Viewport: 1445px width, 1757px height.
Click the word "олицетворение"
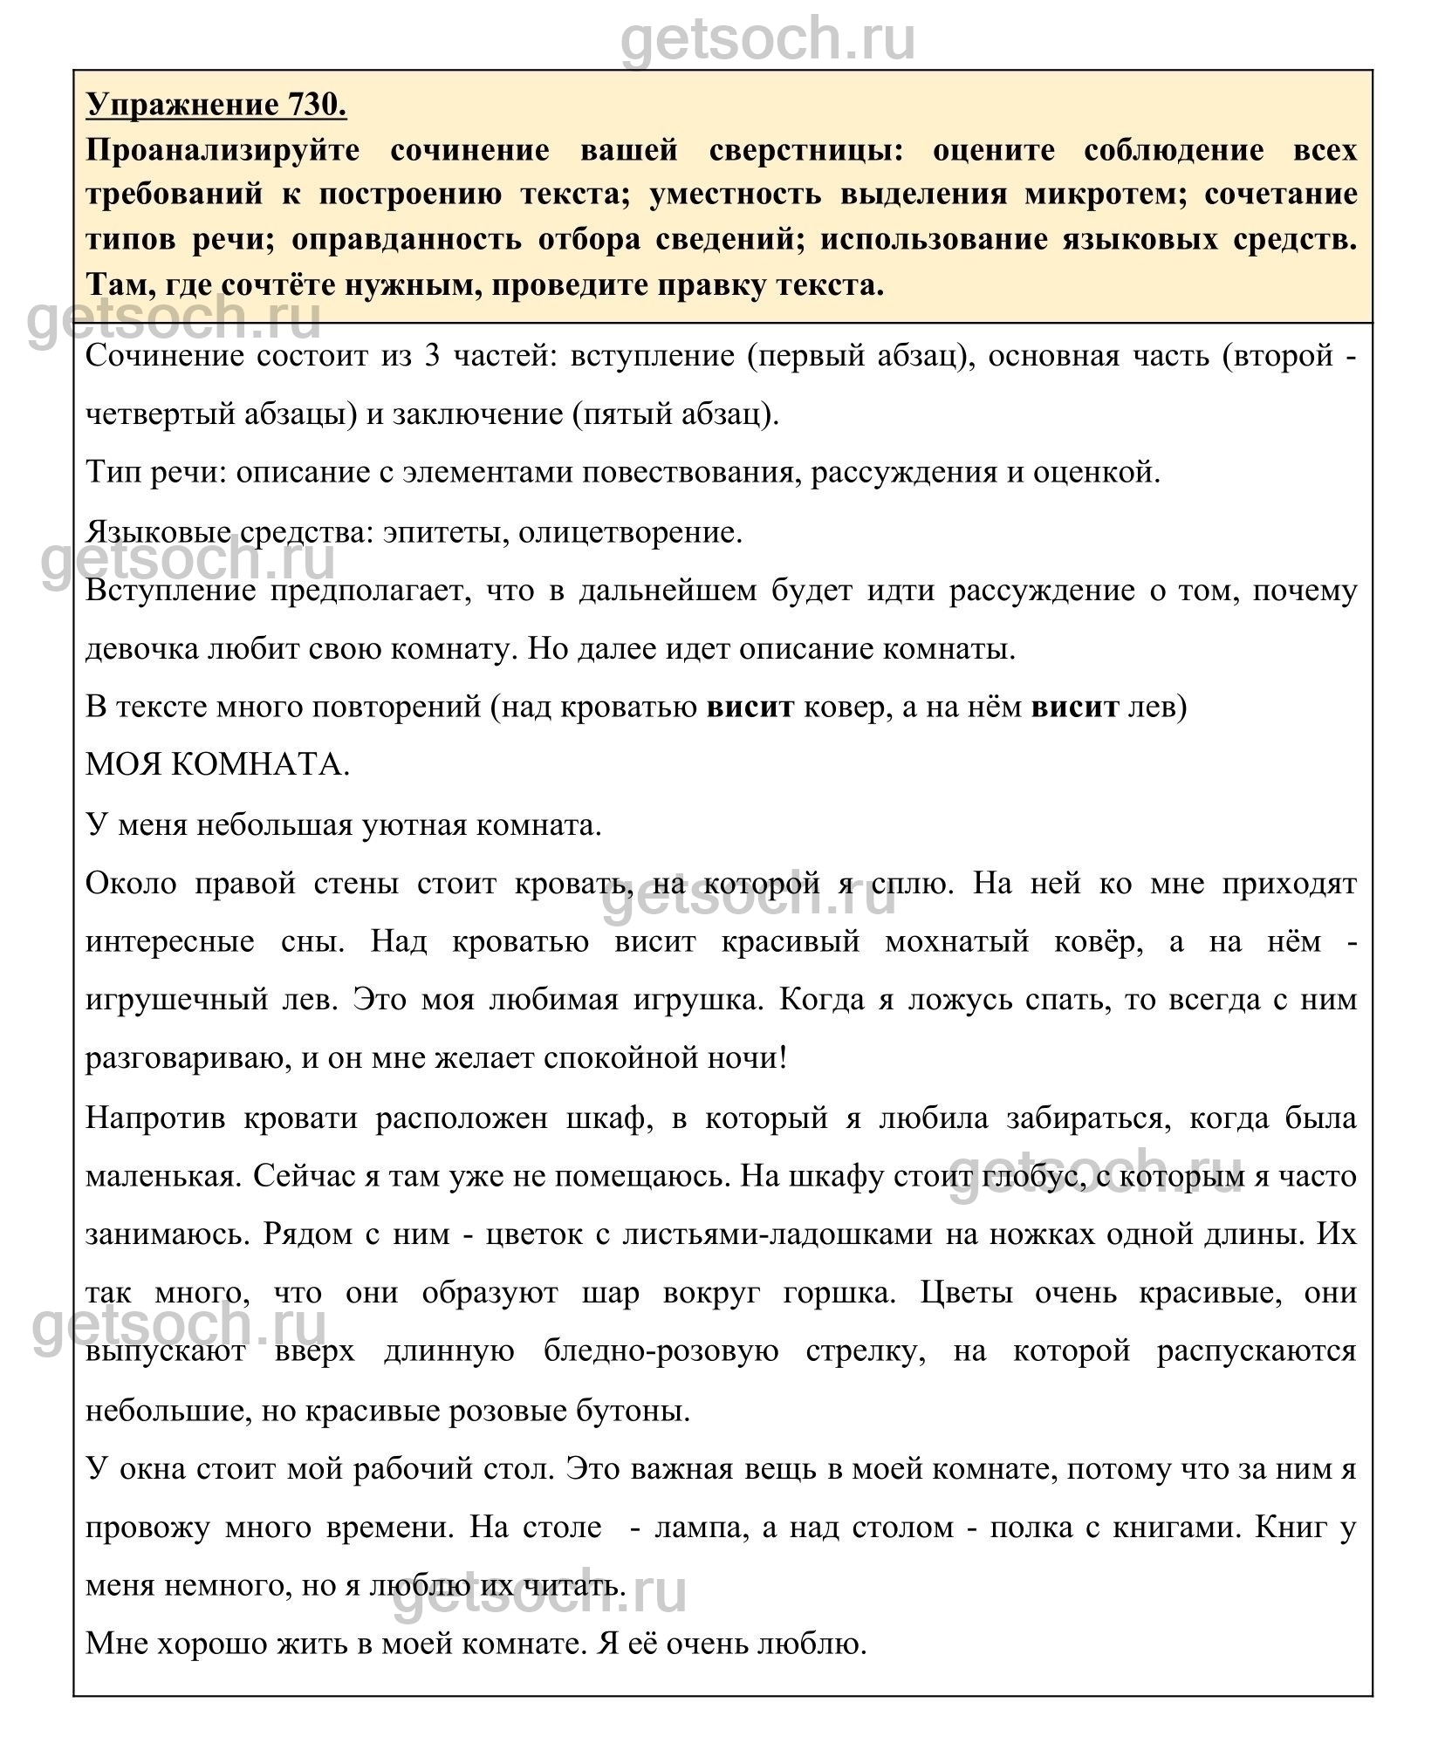click(630, 532)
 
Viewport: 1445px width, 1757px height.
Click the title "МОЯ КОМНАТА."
click(217, 765)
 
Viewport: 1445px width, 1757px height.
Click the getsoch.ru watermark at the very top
click(768, 39)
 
